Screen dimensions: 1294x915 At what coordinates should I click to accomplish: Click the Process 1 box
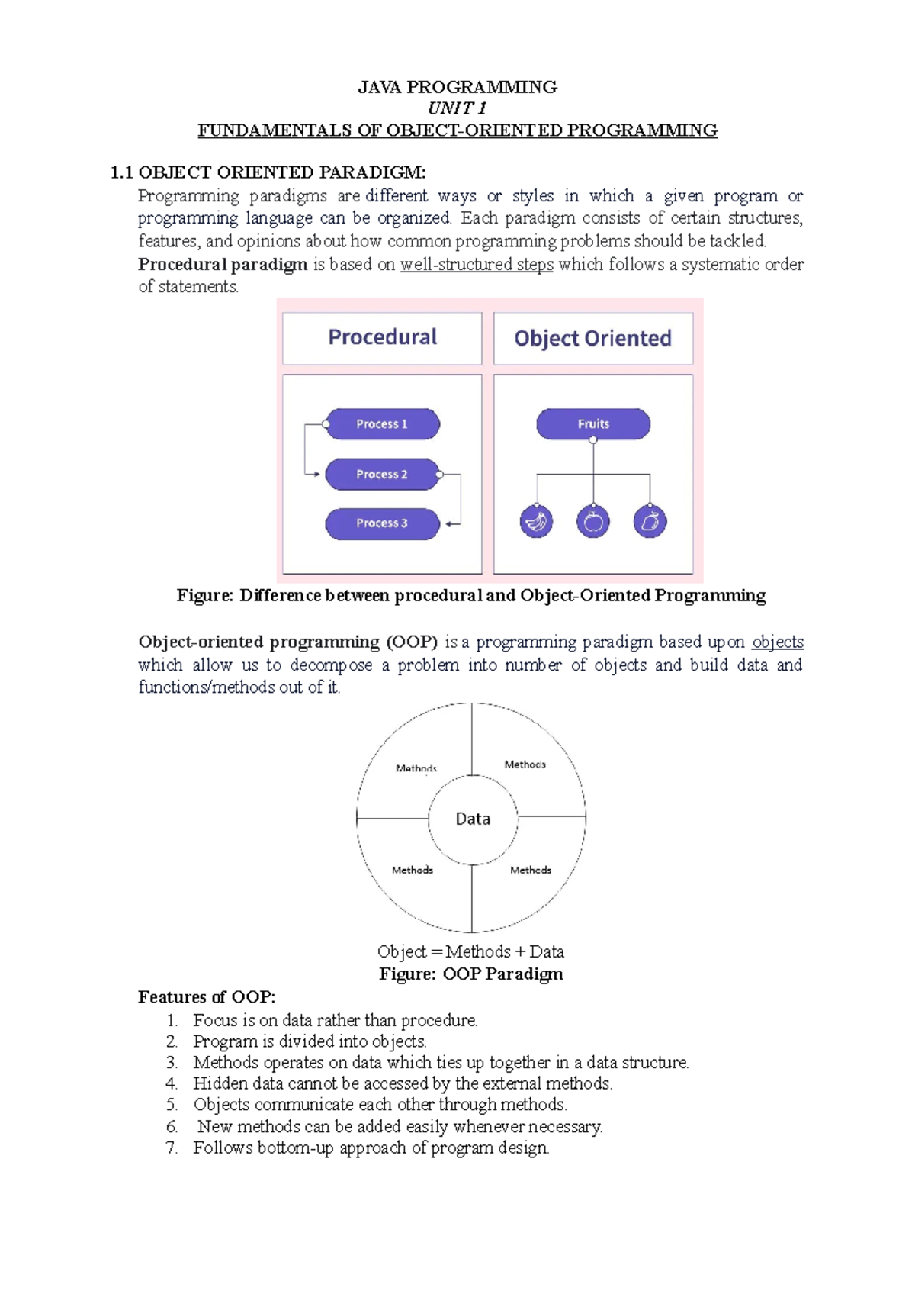[382, 424]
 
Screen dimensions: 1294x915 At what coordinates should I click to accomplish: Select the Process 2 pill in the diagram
[382, 474]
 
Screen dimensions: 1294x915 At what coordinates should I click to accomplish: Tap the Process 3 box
[382, 523]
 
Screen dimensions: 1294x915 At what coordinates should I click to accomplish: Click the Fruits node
[593, 424]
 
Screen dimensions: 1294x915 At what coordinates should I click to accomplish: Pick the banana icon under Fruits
[536, 522]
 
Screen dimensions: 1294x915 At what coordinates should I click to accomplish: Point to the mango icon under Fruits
[650, 522]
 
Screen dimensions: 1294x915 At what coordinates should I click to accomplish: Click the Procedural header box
[382, 338]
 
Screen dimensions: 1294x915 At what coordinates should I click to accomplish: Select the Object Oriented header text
[592, 338]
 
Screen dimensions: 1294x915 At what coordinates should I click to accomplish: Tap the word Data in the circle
[473, 819]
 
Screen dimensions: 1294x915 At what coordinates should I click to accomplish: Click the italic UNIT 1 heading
[457, 108]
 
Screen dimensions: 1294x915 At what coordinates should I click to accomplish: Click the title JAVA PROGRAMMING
[457, 87]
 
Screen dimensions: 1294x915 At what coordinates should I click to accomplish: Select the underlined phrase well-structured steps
[477, 265]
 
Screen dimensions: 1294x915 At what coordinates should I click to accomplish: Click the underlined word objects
[778, 642]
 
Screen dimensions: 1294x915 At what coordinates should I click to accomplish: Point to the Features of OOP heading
[207, 997]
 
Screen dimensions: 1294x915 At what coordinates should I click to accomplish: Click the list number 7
[172, 1148]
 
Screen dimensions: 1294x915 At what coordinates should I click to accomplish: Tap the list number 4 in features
[172, 1084]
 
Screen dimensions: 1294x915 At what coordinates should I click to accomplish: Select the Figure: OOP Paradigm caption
[471, 974]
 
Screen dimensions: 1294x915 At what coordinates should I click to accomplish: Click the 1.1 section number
[122, 172]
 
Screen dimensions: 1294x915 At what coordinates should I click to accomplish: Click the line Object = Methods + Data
[470, 952]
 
